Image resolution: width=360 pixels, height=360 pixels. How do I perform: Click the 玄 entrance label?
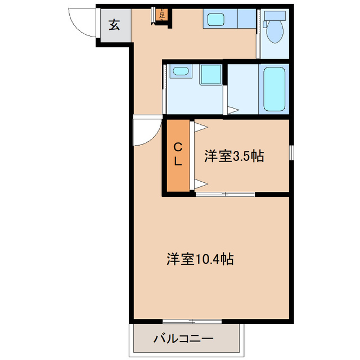click(x=114, y=25)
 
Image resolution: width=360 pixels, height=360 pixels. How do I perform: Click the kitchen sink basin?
click(x=216, y=20)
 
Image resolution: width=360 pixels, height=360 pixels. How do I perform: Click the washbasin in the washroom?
click(x=180, y=71)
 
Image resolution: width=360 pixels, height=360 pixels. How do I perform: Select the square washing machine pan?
click(x=210, y=74)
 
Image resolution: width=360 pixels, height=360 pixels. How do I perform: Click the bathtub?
click(x=274, y=89)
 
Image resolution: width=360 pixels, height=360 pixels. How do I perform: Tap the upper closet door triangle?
click(x=199, y=128)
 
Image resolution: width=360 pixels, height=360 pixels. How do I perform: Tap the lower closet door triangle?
click(x=199, y=182)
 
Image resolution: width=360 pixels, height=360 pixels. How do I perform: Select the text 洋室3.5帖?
click(x=234, y=156)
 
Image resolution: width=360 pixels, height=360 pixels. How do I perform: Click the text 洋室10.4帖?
click(x=200, y=259)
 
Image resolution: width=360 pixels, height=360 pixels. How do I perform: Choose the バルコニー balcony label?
click(x=183, y=339)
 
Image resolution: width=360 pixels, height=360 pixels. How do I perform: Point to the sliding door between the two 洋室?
click(x=225, y=195)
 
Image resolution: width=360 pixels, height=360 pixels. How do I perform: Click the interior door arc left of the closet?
click(x=145, y=133)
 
